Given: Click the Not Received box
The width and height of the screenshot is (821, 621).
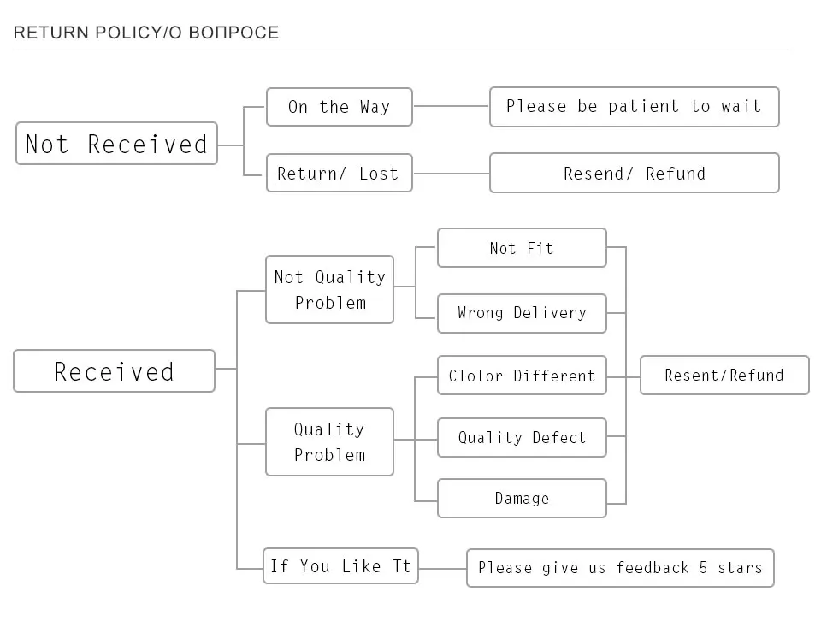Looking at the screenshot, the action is (x=116, y=144).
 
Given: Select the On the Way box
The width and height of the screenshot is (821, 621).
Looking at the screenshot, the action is (x=340, y=107).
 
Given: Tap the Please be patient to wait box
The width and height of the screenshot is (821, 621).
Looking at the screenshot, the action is (x=634, y=107).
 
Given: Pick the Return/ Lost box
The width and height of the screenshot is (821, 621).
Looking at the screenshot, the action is (x=340, y=173).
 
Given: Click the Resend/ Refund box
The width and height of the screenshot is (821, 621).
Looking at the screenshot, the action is (x=634, y=173).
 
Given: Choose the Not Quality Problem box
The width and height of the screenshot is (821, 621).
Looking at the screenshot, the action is (x=329, y=290).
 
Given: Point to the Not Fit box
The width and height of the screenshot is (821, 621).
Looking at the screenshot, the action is (x=522, y=248).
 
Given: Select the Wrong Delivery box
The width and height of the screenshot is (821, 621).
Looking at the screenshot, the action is (x=522, y=313).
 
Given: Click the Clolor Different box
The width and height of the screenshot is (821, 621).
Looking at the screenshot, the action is (x=522, y=376).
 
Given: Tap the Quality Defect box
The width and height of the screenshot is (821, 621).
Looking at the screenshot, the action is (x=522, y=437).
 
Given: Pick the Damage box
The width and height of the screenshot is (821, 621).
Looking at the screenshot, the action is (x=522, y=498).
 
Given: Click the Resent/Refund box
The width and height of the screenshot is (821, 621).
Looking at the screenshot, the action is (x=724, y=375).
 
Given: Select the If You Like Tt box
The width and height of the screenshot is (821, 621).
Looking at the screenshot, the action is (x=340, y=565).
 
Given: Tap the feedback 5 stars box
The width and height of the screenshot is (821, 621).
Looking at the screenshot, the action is (x=620, y=568).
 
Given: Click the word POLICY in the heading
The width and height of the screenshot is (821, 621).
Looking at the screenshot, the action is (x=128, y=33).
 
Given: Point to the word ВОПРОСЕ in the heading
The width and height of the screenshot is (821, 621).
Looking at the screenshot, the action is (x=233, y=33).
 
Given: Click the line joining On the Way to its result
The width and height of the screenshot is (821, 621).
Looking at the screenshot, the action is (x=451, y=106).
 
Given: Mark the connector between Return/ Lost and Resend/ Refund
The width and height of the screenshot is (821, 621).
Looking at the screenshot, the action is (x=451, y=174).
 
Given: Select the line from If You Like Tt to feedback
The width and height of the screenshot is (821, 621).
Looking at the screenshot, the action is (x=442, y=568).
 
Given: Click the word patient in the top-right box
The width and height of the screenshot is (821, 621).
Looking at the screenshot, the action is (x=643, y=106).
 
